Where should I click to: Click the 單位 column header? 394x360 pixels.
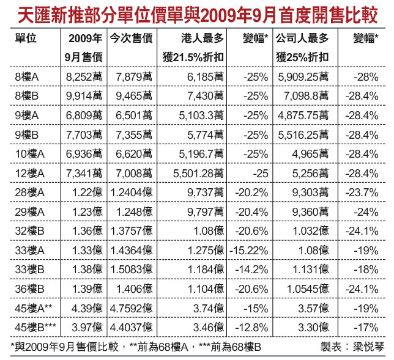[27, 38]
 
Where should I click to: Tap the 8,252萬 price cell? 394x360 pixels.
[84, 78]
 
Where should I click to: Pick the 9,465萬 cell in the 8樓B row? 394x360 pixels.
[131, 97]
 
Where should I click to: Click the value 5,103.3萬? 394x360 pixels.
[201, 116]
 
